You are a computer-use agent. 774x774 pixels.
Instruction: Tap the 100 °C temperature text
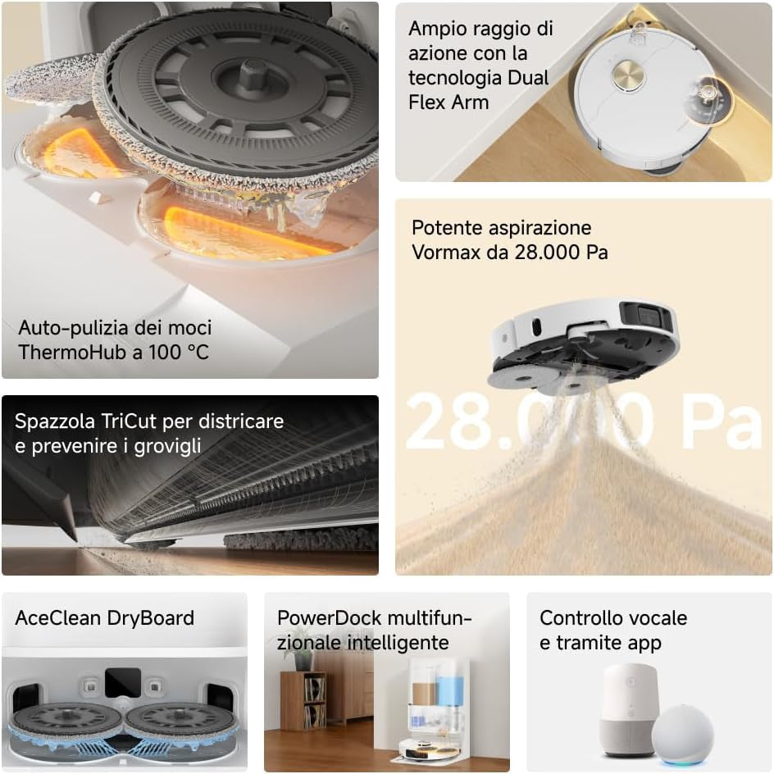[x=180, y=352]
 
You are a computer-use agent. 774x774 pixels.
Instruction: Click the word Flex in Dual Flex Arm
[x=429, y=102]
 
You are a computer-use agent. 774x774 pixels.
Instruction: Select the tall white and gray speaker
[x=629, y=710]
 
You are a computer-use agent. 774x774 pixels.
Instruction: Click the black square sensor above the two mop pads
[x=122, y=682]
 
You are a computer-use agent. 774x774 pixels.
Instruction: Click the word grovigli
[x=167, y=446]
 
